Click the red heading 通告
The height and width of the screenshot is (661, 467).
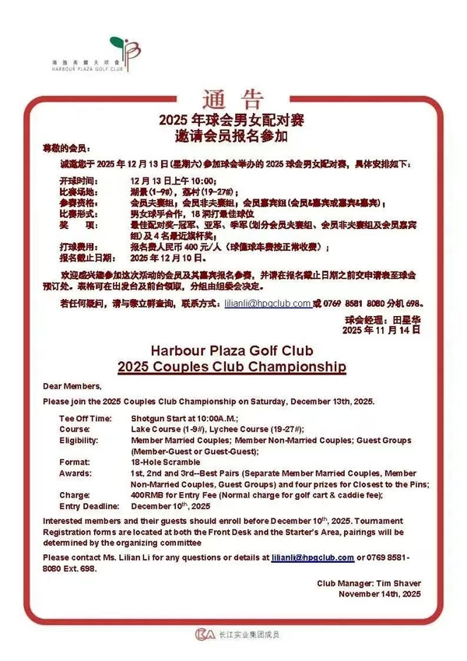pos(233,99)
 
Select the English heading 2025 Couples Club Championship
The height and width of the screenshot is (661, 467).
pos(232,365)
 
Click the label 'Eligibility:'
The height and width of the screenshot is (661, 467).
pos(78,440)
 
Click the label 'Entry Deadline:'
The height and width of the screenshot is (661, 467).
pos(85,505)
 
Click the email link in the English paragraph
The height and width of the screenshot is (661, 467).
pos(312,558)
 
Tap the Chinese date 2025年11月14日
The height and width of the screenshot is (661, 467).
pos(381,330)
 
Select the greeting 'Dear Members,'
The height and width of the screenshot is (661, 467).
pos(72,386)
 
